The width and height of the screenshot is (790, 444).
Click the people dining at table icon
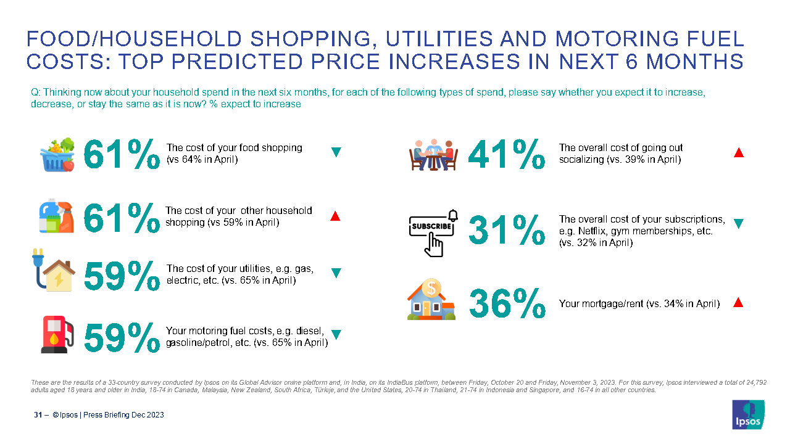(433, 155)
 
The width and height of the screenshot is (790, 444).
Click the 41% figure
(507, 154)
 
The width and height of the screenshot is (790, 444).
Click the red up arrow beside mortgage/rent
(738, 302)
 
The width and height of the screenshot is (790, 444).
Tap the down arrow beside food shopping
(336, 152)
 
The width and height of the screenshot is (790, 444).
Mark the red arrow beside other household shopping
(335, 216)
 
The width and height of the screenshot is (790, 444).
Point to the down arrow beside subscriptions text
(738, 223)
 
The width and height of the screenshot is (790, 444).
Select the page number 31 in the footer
(38, 415)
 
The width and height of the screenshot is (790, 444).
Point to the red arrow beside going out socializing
(738, 152)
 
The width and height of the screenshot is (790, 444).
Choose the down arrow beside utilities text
(336, 273)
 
